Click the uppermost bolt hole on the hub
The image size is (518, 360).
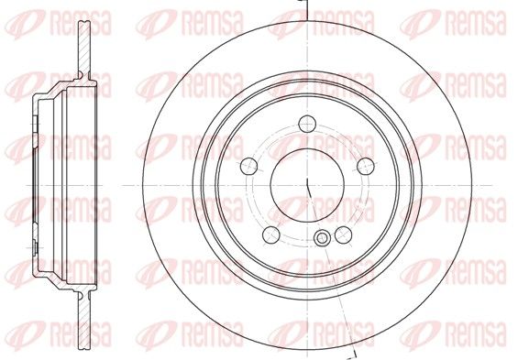coord(307,124)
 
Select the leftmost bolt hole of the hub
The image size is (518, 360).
coord(248,166)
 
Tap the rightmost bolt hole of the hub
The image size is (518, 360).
coord(366,166)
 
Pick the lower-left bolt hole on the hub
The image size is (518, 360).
coord(271,235)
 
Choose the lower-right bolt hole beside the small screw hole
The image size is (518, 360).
coord(343,235)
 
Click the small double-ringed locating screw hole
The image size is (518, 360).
coord(321,238)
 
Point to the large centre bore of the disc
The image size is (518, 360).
coord(307,185)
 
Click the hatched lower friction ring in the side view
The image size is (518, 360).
coord(84,320)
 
